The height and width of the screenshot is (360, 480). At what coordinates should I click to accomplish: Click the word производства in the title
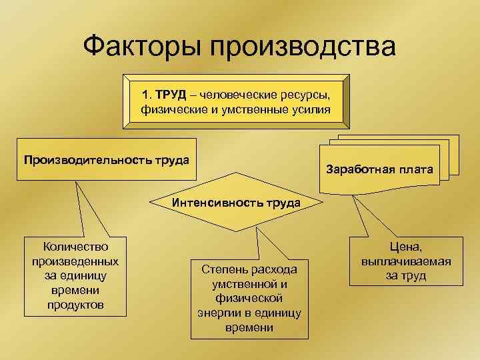pyautogui.click(x=303, y=47)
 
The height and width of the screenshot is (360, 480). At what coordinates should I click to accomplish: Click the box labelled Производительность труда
pyautogui.click(x=106, y=160)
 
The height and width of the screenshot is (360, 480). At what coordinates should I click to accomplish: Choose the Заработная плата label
pyautogui.click(x=380, y=169)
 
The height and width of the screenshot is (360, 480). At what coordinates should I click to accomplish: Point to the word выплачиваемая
pyautogui.click(x=406, y=262)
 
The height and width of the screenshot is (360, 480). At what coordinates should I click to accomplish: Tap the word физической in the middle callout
pyautogui.click(x=249, y=299)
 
